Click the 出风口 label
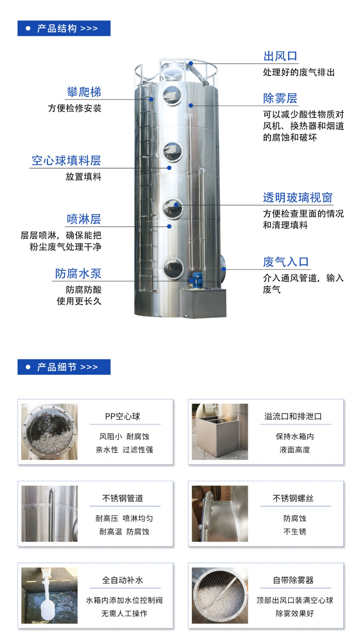point(280,56)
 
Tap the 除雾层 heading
point(280,98)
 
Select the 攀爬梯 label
point(84,92)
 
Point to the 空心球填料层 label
point(66,161)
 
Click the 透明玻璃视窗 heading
point(298,197)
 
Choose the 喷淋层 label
point(84,219)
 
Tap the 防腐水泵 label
point(78,273)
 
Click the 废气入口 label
point(286,262)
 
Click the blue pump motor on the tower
point(197,279)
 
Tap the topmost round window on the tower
point(172,95)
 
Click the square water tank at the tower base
point(204,303)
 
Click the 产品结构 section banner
point(64,29)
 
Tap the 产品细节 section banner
point(64,367)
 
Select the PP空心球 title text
point(123,416)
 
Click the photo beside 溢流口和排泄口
point(220,432)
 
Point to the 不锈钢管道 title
point(123,498)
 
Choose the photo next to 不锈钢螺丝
point(220,514)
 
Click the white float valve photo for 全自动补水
point(50,595)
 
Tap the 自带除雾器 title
point(293,580)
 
